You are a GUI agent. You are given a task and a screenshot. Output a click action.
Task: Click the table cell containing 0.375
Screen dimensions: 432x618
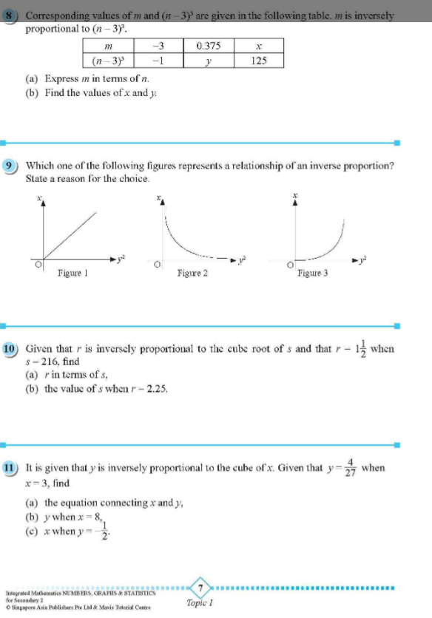click(209, 46)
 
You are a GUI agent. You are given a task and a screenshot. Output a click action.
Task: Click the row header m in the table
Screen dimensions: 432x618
click(109, 46)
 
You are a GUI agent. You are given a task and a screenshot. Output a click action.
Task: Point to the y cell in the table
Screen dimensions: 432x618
click(209, 61)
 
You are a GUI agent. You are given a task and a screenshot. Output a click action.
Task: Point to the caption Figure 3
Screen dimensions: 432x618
click(313, 273)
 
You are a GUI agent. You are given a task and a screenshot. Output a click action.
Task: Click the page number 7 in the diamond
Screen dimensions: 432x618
click(200, 587)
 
